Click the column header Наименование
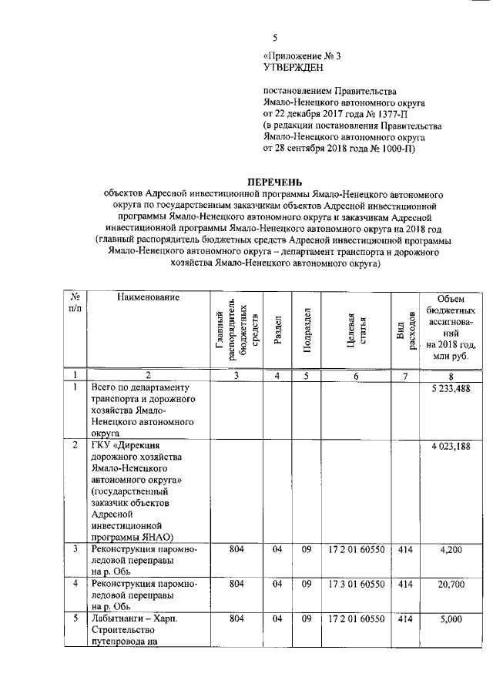point(149,297)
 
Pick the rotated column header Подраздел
point(306,330)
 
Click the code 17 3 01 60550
point(356,585)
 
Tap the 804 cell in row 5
point(237,621)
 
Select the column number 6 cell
point(356,375)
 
